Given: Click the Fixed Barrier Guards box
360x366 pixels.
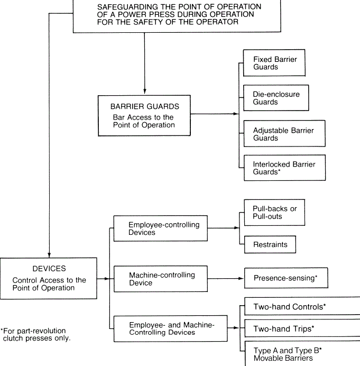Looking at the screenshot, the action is (274, 63).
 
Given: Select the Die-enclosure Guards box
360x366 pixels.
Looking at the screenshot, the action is (276, 98).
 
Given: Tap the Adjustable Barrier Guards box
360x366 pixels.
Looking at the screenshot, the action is (284, 133).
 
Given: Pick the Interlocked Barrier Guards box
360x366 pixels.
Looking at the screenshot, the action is (284, 168).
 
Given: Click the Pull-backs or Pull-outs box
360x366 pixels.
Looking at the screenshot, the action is (274, 213).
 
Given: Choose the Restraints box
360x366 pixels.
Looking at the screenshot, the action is (270, 244).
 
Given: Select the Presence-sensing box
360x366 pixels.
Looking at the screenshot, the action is (286, 278).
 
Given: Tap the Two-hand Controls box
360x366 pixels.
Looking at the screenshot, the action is (302, 306).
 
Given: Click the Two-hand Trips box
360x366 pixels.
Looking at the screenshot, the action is (302, 328).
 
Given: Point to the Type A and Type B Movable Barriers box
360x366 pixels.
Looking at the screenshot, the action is (302, 353).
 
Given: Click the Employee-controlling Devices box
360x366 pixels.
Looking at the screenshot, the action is (161, 228).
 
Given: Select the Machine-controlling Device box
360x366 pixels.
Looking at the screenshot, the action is (161, 279).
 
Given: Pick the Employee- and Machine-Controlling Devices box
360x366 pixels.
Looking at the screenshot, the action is (171, 328).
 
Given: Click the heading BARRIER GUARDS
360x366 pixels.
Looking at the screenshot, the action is (145, 106).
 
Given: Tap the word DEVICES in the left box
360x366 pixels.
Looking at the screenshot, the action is (49, 269).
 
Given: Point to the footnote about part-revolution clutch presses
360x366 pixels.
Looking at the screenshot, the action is (35, 334).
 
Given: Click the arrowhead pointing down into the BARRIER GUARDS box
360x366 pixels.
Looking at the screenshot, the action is (145, 91).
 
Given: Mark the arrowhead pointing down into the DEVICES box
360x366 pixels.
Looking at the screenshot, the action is (49, 254).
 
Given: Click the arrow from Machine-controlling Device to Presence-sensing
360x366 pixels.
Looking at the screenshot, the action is (226, 279).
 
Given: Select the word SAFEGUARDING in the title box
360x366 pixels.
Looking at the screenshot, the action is (127, 7).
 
